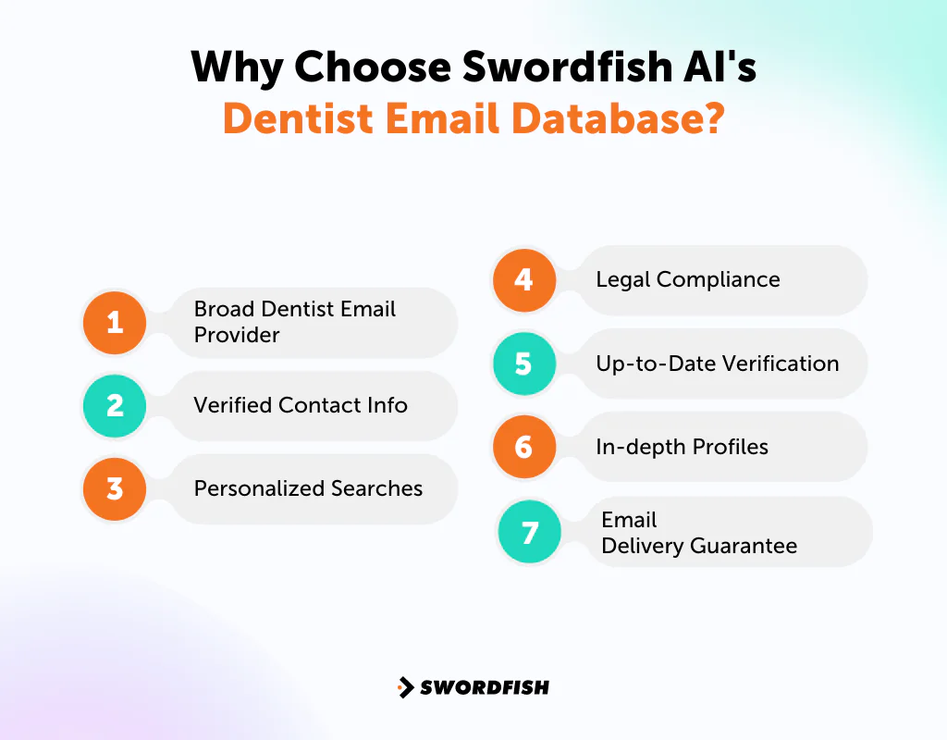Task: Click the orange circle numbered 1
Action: tap(115, 322)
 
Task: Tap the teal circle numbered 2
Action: tap(115, 405)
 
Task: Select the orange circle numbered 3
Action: tap(115, 488)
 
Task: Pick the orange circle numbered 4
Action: tap(523, 279)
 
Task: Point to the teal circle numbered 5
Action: tap(523, 364)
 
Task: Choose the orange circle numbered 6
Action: tap(523, 447)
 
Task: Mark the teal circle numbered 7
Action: tap(530, 533)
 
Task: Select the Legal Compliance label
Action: tap(688, 279)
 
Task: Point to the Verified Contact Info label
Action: tap(301, 405)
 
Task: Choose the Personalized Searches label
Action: tap(308, 488)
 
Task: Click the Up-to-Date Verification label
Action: tap(718, 364)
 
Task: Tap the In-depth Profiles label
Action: tap(682, 447)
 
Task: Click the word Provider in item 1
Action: tap(237, 335)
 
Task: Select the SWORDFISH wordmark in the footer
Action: tap(485, 687)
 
